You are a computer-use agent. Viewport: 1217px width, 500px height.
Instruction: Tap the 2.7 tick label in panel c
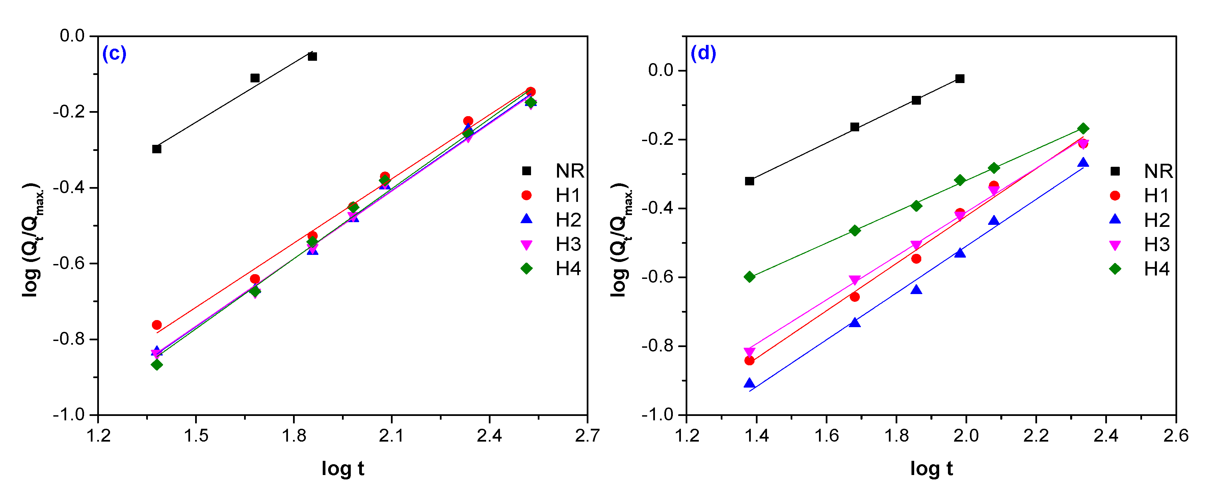coord(587,435)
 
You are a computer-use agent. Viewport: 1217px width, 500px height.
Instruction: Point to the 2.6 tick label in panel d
coord(1175,435)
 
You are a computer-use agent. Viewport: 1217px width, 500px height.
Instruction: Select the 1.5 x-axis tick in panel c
coord(195,435)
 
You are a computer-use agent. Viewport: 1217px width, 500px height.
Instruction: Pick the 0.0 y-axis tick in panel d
coord(660,71)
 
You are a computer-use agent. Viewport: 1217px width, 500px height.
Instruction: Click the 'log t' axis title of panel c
coord(343,468)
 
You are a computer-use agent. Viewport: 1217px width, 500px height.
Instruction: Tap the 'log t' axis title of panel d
coord(931,468)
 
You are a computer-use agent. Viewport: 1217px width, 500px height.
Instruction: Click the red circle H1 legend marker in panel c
coord(526,195)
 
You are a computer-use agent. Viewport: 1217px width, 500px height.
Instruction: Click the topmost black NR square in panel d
coord(959,78)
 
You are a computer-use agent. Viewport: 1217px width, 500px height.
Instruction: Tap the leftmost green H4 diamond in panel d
coord(749,277)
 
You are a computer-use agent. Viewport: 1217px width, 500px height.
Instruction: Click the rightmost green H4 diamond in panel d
coord(1083,129)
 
